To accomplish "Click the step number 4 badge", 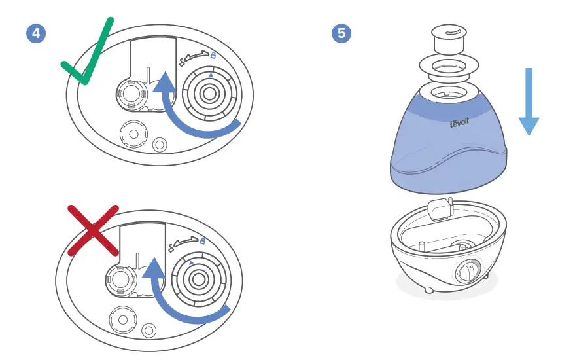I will pos(37,33).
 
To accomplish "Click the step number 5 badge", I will pos(341,33).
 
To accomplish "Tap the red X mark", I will pos(94,229).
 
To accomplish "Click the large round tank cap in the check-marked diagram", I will pos(209,94).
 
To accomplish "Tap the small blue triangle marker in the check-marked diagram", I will pos(210,75).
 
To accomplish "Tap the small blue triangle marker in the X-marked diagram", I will pos(192,261).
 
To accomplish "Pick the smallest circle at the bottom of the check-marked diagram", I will pos(158,144).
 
